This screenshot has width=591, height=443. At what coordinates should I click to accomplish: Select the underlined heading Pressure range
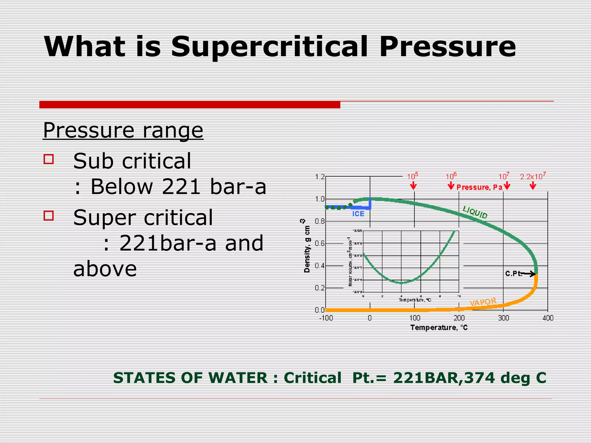(123, 130)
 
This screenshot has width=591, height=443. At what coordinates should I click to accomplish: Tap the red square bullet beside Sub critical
(48, 159)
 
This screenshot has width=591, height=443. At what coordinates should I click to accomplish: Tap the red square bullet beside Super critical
(48, 215)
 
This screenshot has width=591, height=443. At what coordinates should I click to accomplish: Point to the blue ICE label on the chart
(358, 214)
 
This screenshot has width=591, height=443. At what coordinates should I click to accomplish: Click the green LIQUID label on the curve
(475, 213)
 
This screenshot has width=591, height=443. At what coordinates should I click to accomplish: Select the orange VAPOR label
(483, 302)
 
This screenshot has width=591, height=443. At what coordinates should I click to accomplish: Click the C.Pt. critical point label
(514, 273)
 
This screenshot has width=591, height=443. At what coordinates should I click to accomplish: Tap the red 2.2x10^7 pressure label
(533, 177)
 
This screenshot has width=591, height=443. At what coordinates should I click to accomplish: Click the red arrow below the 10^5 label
(413, 186)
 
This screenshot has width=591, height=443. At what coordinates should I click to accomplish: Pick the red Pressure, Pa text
(479, 187)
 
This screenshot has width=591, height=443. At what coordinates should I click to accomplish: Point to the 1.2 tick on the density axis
(320, 177)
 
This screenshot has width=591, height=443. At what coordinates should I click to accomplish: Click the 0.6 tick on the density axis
(320, 243)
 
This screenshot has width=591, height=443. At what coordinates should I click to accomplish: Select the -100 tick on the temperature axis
(326, 318)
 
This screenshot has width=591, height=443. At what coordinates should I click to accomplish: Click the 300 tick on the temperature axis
(503, 318)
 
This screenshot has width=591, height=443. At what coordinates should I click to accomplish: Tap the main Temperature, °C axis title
(439, 328)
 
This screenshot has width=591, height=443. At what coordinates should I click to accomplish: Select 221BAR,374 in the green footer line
(444, 378)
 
